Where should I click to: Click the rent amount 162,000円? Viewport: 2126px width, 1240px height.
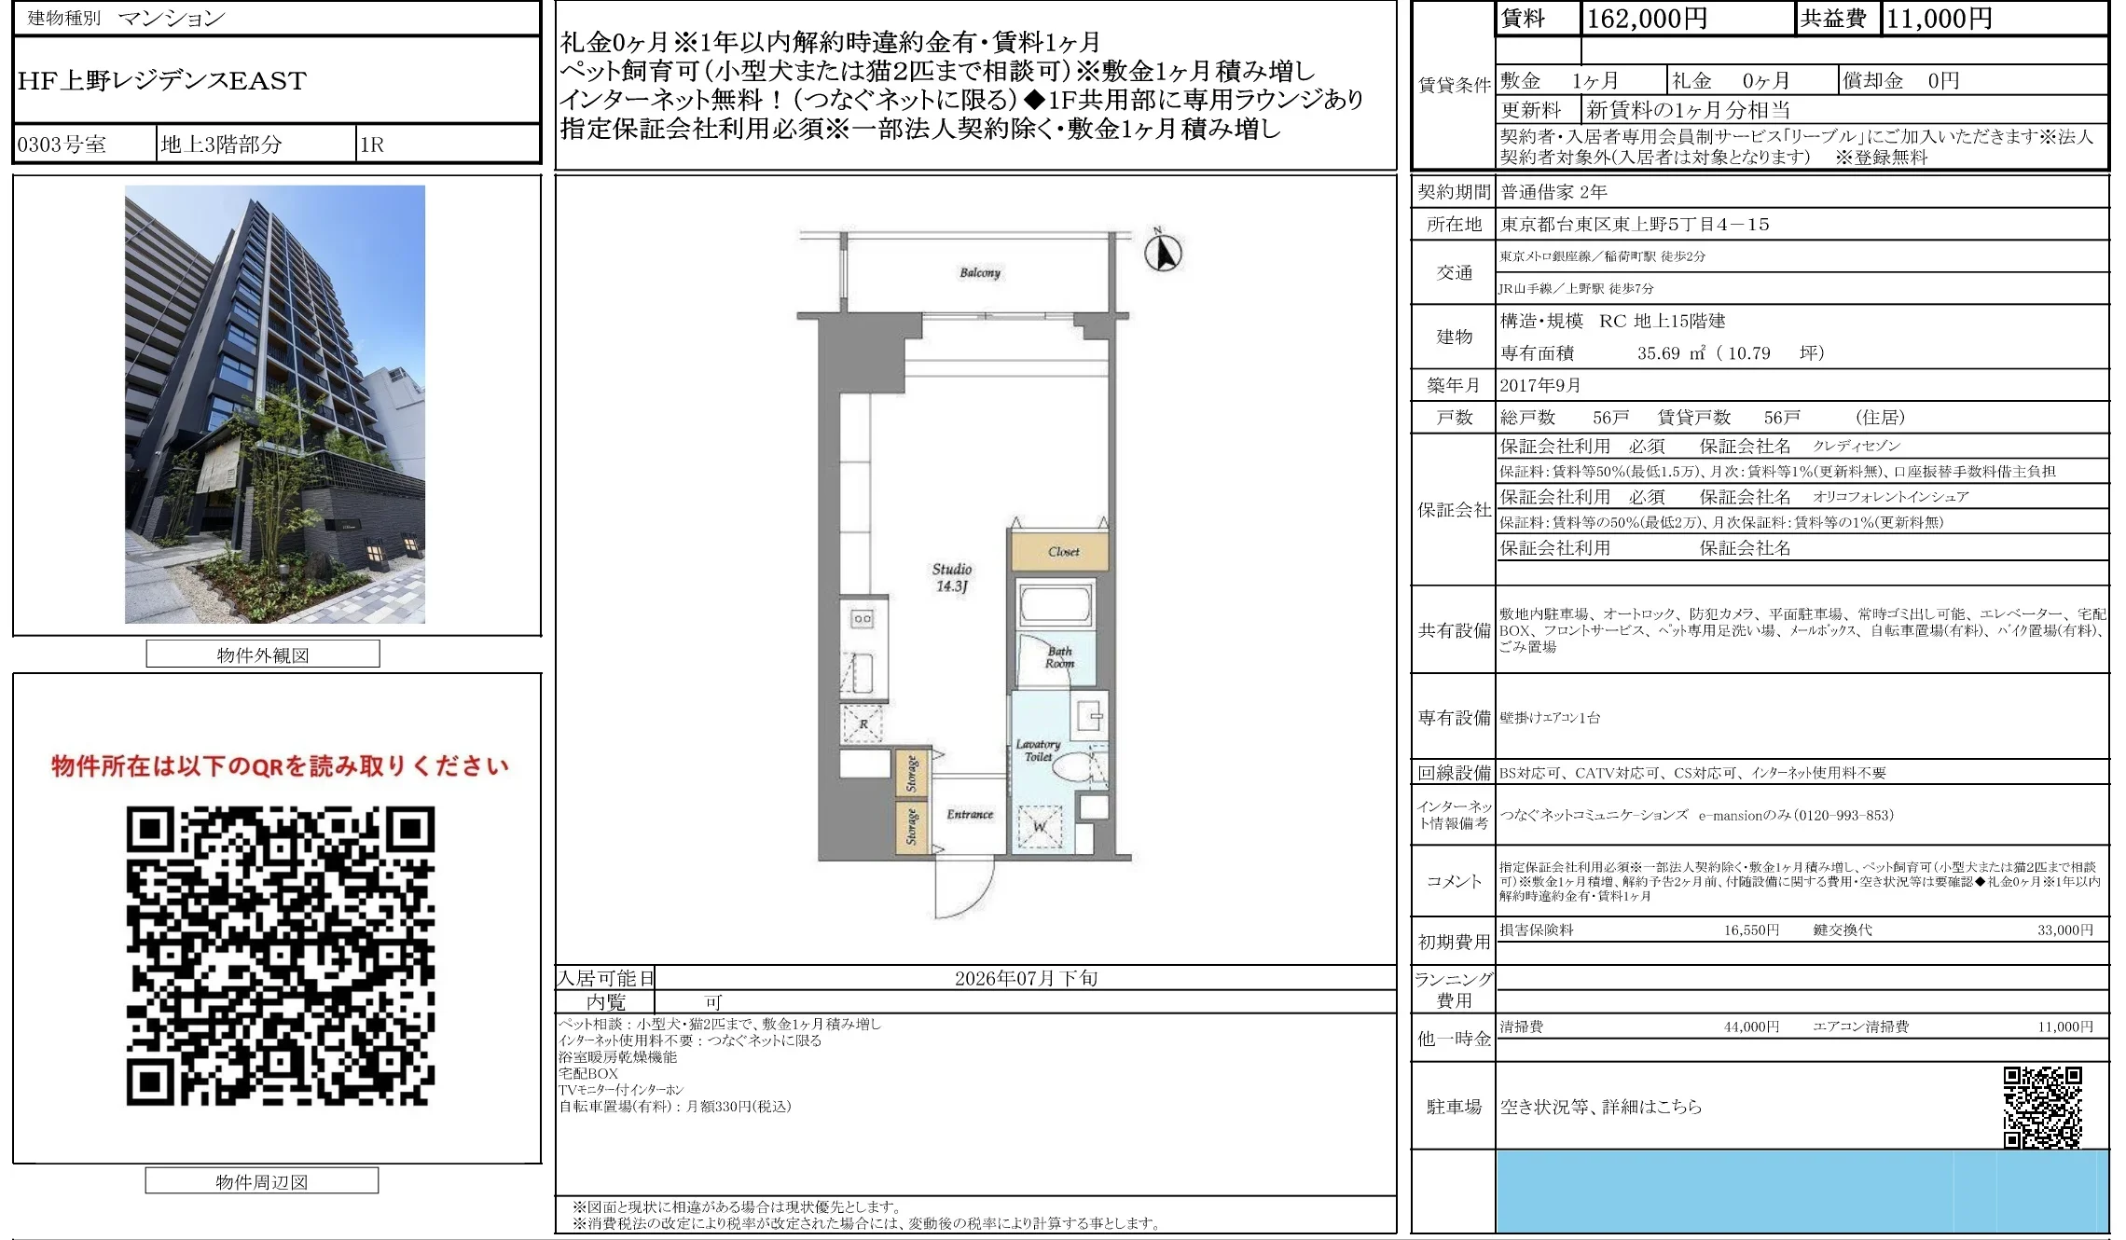coord(1647,19)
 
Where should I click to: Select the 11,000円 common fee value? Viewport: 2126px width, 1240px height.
coord(1939,19)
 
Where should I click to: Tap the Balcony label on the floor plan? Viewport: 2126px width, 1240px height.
coord(980,272)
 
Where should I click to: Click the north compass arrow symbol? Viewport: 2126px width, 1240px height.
coord(1163,252)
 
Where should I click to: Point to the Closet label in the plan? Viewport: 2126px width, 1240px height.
coord(1063,552)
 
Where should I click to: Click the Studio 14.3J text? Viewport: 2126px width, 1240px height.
coord(952,577)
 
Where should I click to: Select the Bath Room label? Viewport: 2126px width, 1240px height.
coord(1059,657)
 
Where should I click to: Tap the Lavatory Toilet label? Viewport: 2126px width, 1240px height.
coord(1038,751)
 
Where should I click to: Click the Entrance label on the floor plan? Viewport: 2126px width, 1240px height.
coord(970,814)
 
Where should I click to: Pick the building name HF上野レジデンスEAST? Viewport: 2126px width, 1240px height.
coord(162,81)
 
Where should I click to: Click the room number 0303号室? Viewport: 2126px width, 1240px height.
coord(62,145)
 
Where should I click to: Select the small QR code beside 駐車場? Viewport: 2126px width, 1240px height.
coord(2042,1108)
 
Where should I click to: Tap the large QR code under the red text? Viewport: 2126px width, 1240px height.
coord(280,956)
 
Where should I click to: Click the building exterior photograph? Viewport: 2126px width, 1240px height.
coord(275,404)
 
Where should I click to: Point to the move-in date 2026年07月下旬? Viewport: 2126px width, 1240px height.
coord(1026,978)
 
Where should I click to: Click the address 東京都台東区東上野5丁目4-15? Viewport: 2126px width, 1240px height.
coord(1635,225)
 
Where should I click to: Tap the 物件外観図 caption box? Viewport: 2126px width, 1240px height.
coord(263,654)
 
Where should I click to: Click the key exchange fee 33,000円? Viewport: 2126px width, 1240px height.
coord(2065,930)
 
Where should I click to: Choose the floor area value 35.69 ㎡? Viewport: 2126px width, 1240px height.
coord(1671,353)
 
